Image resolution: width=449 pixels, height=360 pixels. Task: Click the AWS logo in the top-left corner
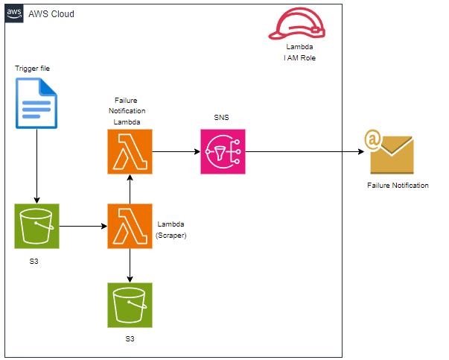pyautogui.click(x=14, y=14)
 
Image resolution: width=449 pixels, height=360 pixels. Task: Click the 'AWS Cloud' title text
pyautogui.click(x=51, y=15)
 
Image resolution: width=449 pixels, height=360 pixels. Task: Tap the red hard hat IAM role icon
pyautogui.click(x=298, y=25)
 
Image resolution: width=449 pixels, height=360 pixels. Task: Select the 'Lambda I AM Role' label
pyautogui.click(x=299, y=51)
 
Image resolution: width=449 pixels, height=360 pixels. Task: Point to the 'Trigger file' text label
pyautogui.click(x=33, y=69)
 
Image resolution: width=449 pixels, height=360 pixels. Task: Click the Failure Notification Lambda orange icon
pyautogui.click(x=130, y=151)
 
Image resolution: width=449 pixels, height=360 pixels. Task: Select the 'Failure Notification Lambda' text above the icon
pyautogui.click(x=130, y=110)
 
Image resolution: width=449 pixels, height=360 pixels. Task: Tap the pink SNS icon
pyautogui.click(x=223, y=151)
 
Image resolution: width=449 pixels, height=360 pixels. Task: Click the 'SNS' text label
pyautogui.click(x=223, y=118)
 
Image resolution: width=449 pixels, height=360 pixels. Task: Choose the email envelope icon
pyautogui.click(x=390, y=153)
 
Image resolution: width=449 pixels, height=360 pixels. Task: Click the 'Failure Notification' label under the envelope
pyautogui.click(x=398, y=186)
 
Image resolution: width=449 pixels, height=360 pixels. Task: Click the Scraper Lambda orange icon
pyautogui.click(x=130, y=225)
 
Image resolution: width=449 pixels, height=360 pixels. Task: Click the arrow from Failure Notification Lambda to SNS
pyautogui.click(x=176, y=151)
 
